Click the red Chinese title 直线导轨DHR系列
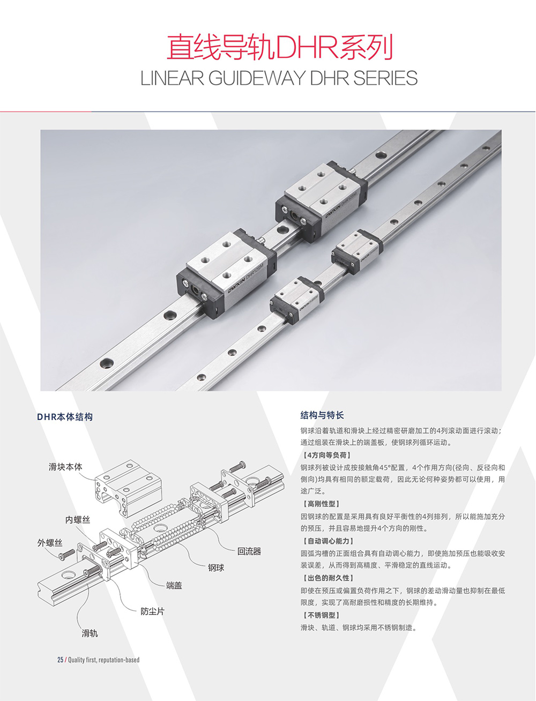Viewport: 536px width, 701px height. [x=279, y=48]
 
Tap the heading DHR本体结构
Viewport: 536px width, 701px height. [x=65, y=417]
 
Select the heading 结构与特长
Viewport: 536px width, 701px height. [x=322, y=415]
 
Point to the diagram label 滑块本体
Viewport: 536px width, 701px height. [x=65, y=467]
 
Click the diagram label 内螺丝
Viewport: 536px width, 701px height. [x=78, y=520]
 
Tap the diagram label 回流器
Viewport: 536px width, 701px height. [x=249, y=551]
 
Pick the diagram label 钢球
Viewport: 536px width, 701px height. [x=216, y=568]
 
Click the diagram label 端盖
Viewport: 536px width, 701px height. [x=174, y=585]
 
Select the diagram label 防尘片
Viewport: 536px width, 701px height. [x=153, y=611]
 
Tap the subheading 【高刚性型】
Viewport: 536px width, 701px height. [x=321, y=504]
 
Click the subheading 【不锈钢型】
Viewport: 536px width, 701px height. [x=321, y=615]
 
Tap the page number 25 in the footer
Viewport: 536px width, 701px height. [x=61, y=660]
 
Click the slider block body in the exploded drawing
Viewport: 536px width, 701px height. [x=129, y=488]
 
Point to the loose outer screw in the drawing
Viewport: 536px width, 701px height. [x=67, y=554]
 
